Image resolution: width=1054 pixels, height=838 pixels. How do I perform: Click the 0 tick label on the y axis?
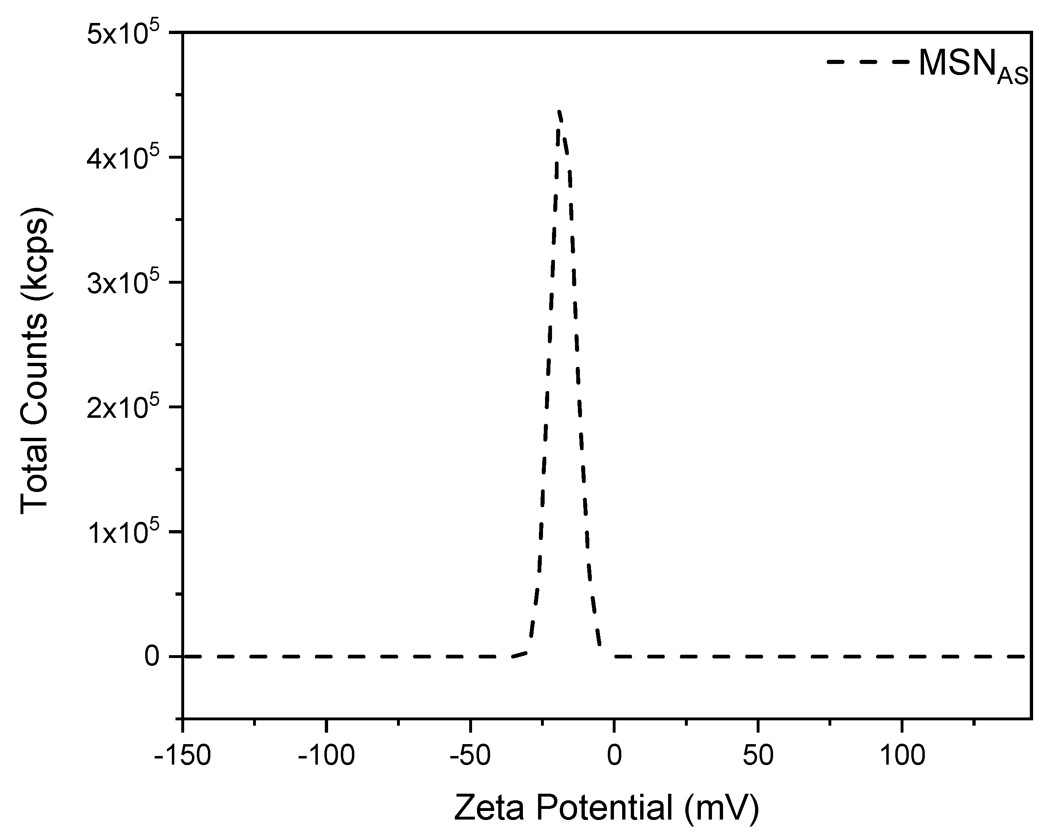point(152,657)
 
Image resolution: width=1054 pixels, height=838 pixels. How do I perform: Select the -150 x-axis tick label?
point(183,756)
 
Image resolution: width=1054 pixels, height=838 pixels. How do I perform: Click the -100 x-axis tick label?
point(326,756)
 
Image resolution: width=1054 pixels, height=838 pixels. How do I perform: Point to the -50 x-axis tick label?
point(470,756)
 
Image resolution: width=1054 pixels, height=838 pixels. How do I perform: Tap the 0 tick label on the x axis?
point(614,756)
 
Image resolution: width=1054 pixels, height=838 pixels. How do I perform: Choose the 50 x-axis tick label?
point(758,756)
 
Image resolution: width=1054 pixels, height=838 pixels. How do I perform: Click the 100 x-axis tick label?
point(902,756)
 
